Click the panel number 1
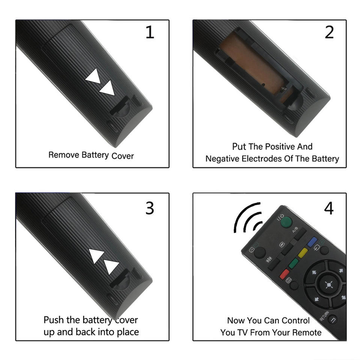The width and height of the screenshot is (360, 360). click(150, 32)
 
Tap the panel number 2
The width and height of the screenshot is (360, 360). click(329, 32)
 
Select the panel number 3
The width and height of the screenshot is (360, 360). click(150, 208)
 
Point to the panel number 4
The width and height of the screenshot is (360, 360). click(329, 208)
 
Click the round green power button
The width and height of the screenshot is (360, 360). click(286, 222)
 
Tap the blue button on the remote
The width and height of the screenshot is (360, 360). click(312, 242)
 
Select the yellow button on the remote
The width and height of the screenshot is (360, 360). click(303, 253)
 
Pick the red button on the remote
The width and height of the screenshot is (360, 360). click(284, 274)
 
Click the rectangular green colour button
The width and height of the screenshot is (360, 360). click(293, 263)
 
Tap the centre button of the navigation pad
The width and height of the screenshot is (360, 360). click(329, 285)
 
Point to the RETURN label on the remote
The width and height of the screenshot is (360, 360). click(324, 316)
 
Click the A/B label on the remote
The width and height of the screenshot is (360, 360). click(295, 229)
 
